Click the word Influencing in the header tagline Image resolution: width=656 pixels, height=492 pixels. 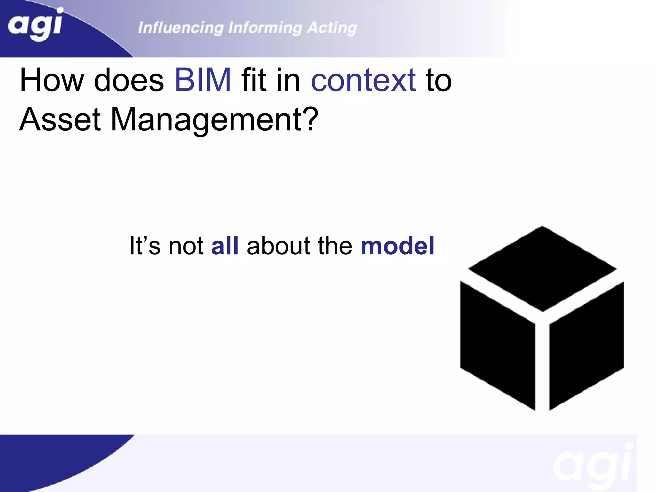click(x=181, y=28)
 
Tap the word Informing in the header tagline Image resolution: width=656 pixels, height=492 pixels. click(x=265, y=28)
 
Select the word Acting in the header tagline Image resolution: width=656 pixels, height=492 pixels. click(x=332, y=28)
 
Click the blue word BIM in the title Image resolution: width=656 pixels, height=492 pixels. click(x=202, y=80)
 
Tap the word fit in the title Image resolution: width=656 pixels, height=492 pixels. click(x=254, y=80)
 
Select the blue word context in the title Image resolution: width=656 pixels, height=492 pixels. click(x=363, y=80)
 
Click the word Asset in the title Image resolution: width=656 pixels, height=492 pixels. click(x=60, y=119)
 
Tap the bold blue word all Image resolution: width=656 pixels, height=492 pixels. click(x=225, y=246)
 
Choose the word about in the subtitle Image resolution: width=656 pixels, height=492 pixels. click(x=278, y=246)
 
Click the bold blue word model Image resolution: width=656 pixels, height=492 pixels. click(x=397, y=246)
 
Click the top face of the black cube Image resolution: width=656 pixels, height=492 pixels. click(x=542, y=268)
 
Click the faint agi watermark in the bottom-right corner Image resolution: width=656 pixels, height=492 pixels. click(x=593, y=464)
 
